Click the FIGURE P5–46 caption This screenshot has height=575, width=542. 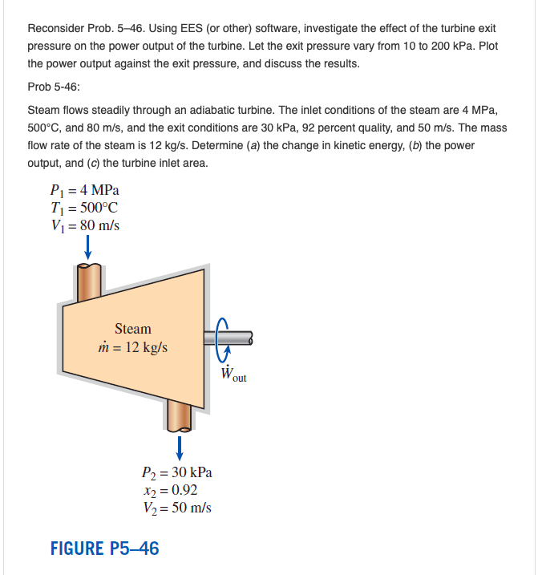tap(104, 549)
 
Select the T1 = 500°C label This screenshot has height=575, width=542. tap(85, 208)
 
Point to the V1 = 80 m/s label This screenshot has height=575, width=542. tap(84, 225)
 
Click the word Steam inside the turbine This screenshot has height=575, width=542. tap(132, 329)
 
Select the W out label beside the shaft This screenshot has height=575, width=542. tap(233, 374)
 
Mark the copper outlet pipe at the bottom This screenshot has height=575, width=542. tap(180, 414)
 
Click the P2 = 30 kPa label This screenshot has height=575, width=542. tap(176, 472)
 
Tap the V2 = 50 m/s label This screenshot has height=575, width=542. tap(176, 507)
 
